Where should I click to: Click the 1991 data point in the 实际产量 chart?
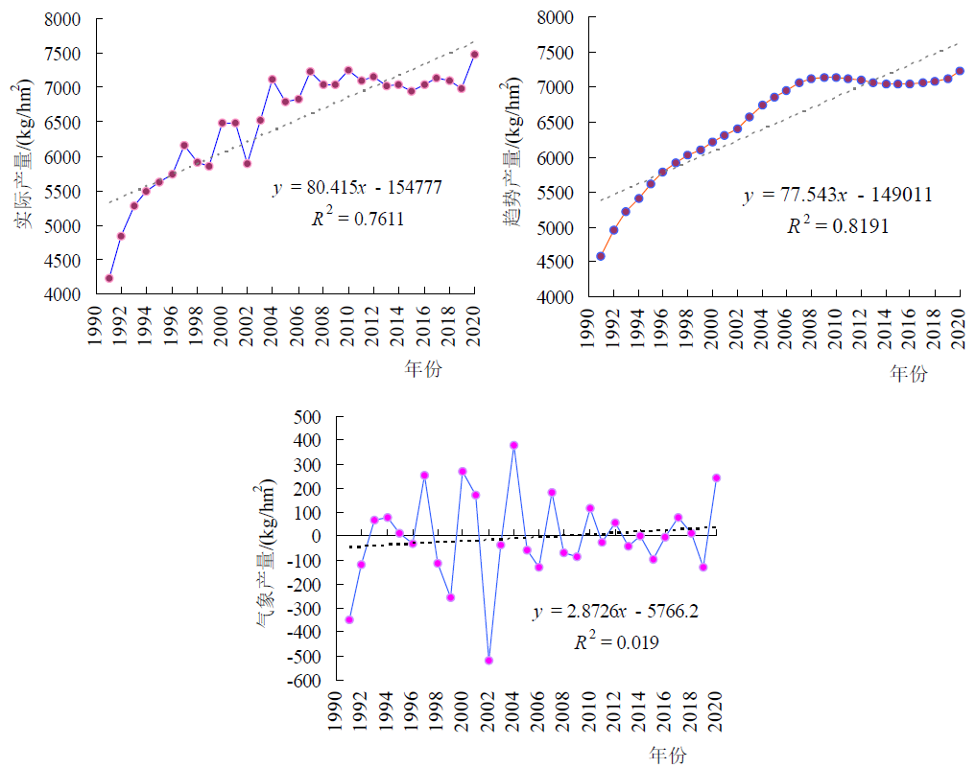109,278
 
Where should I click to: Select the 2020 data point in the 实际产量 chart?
474,55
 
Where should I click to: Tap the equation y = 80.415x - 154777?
356,189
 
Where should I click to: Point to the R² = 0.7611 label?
355,220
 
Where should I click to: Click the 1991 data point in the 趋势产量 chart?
601,256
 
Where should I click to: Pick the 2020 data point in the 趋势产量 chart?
960,71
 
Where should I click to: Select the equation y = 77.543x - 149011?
838,197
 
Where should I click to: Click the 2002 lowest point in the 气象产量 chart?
488,661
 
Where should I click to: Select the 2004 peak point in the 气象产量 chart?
513,445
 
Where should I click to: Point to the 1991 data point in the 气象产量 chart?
349,620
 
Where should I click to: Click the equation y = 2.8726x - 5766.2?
615,612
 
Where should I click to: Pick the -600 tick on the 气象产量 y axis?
304,681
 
